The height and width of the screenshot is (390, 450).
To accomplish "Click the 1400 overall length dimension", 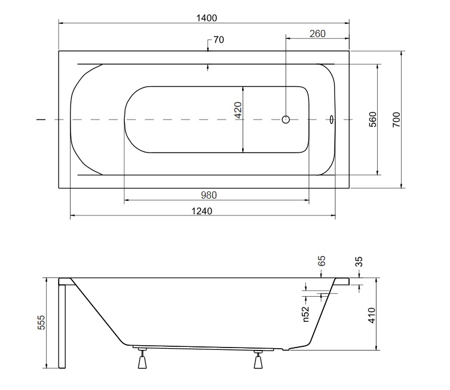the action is (x=206, y=18).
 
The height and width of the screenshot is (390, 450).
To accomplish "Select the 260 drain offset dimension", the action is (x=317, y=34).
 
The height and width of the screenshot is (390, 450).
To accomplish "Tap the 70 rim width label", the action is (x=219, y=40).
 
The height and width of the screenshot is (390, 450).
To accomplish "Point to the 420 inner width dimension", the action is (x=238, y=110).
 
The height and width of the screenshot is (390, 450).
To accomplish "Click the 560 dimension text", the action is (x=372, y=120).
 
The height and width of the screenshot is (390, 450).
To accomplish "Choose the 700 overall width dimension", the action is (x=396, y=120).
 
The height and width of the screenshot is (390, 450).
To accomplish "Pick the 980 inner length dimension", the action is (x=209, y=195).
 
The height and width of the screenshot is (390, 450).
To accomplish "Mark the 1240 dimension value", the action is (x=202, y=211).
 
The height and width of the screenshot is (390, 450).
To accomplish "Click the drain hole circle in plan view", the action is (x=286, y=120).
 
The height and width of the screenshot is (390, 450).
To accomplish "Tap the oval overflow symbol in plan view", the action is (x=332, y=120).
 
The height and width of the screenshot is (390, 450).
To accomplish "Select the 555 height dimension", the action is (x=41, y=322).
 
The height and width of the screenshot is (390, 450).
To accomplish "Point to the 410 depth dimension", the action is (x=371, y=315).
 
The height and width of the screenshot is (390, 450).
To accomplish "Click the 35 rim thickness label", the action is (x=359, y=262).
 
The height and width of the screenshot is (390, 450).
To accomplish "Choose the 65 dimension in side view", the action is (x=322, y=261).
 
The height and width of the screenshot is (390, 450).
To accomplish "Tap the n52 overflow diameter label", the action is (x=306, y=314).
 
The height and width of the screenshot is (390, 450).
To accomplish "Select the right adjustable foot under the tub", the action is (x=258, y=359).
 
